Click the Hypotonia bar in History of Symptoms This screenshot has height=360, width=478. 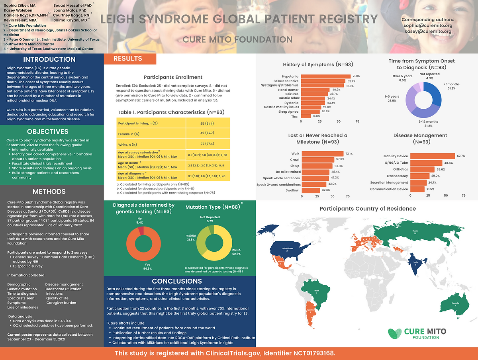pos(325,76)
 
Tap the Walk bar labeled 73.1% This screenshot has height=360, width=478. pos(322,154)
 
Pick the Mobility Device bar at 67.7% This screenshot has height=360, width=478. pos(432,156)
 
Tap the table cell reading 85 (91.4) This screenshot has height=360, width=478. pos(207,123)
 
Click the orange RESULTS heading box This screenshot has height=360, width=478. pos(130,59)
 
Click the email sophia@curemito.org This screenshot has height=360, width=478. pos(427,25)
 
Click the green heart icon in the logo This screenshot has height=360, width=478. pos(395,333)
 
